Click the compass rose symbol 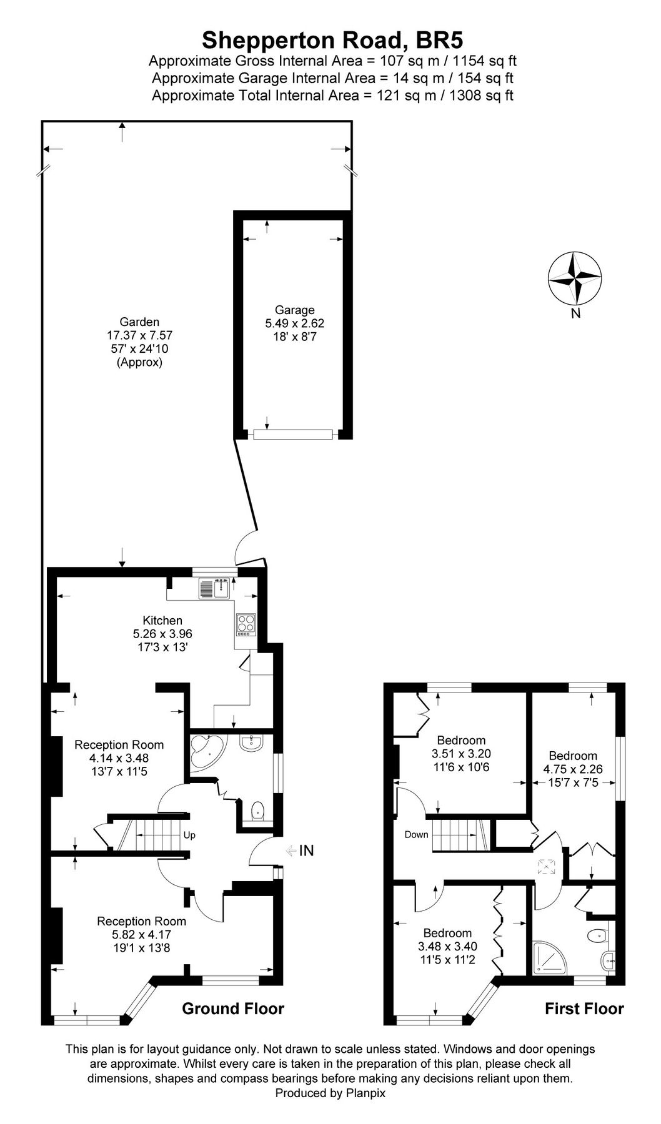point(575,278)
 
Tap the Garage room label point(295,310)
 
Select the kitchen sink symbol point(212,588)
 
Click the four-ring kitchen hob point(246,624)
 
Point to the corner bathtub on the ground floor point(206,751)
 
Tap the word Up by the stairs point(189,835)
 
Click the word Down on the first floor point(416,834)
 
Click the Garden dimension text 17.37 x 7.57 point(139,335)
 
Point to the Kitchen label point(162,620)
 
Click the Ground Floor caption point(233,1008)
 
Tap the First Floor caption point(584,1008)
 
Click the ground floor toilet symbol point(257,812)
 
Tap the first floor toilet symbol point(598,935)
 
